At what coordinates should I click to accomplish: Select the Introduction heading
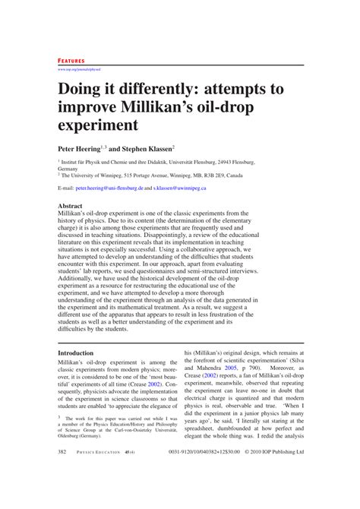click(76, 353)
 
